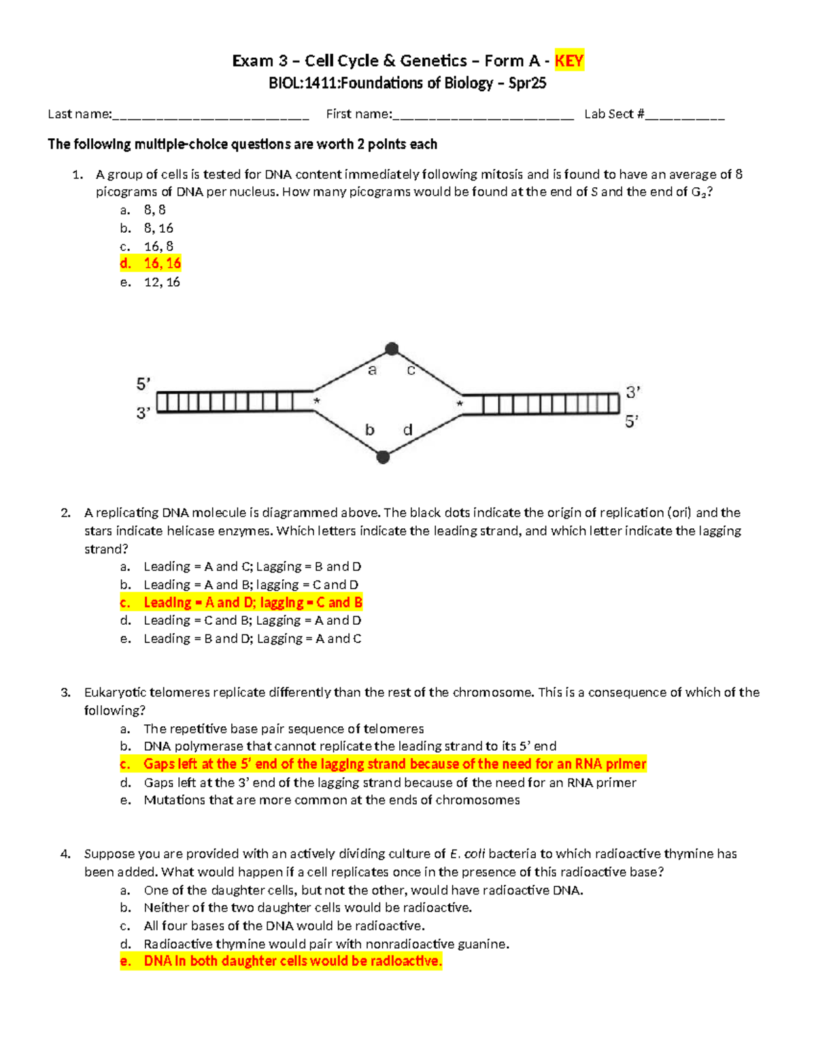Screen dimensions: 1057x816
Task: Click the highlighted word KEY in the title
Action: pos(568,61)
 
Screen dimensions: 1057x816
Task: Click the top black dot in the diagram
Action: pos(392,349)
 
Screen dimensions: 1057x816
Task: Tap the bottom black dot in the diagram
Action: pos(383,457)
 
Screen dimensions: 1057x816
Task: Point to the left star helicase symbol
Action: pos(316,402)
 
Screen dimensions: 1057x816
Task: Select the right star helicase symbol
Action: pos(460,404)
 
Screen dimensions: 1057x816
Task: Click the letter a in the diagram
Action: pos(372,370)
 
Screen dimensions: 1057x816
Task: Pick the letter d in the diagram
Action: pos(407,430)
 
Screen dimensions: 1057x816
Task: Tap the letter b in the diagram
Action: pos(369,430)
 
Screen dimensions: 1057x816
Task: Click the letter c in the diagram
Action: pos(411,370)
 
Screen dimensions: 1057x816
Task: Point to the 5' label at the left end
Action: pos(143,385)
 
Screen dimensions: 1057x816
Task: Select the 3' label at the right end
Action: pos(633,393)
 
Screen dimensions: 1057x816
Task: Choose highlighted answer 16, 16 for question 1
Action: pos(162,263)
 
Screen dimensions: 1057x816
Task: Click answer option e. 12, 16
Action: pos(162,282)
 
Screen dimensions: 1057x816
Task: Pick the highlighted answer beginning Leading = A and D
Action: pos(252,602)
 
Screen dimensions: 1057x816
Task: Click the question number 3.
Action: pos(65,693)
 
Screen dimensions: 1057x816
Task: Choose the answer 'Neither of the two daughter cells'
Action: pos(307,908)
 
